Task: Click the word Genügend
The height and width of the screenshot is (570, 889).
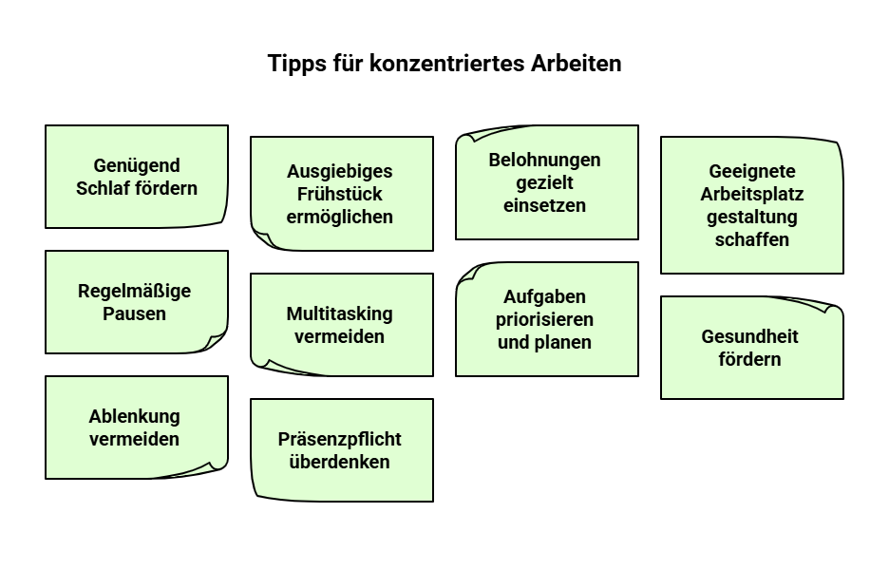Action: [137, 165]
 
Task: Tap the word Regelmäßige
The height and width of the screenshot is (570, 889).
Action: [134, 291]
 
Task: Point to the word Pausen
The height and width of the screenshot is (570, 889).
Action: [134, 313]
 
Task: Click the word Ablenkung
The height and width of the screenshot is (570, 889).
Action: [134, 416]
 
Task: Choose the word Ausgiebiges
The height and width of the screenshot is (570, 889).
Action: [339, 171]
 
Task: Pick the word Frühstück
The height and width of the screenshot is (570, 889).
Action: [339, 194]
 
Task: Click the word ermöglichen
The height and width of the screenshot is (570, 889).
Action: [339, 217]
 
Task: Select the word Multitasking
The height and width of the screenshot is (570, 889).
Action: [339, 313]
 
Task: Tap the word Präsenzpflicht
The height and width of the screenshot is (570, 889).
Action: [339, 439]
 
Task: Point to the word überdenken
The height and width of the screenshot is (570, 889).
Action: [339, 462]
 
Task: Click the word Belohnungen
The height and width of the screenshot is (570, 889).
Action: [544, 160]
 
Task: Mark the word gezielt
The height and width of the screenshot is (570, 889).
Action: [544, 182]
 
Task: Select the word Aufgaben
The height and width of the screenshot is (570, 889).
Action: [544, 296]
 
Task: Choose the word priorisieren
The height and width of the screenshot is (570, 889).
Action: [544, 319]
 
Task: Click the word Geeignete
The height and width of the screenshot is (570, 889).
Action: [751, 171]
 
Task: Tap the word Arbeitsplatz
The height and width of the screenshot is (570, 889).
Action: [751, 194]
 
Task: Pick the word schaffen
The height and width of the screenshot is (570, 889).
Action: [751, 239]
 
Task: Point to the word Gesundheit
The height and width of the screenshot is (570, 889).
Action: [749, 336]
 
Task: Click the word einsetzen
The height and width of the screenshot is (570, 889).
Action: [544, 205]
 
